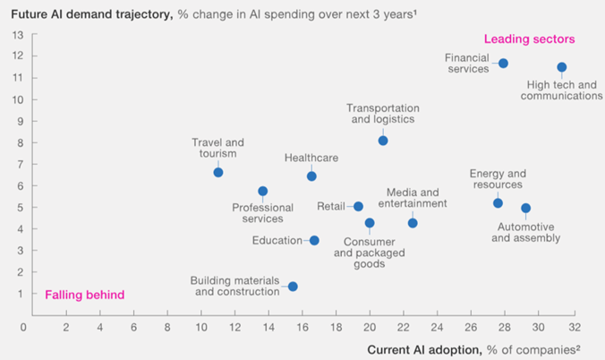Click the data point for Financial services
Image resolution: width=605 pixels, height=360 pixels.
pyautogui.click(x=503, y=64)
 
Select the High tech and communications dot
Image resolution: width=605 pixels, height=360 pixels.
pyautogui.click(x=562, y=67)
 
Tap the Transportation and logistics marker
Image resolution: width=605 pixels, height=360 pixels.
pyautogui.click(x=383, y=141)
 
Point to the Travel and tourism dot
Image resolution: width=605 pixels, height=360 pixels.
pyautogui.click(x=218, y=172)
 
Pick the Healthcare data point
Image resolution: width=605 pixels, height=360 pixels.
pyautogui.click(x=311, y=176)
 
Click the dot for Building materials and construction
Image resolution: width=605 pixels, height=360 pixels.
pyautogui.click(x=293, y=287)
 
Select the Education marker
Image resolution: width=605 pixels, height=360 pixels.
pyautogui.click(x=314, y=240)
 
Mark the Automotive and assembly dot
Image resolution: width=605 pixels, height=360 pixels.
pyautogui.click(x=525, y=208)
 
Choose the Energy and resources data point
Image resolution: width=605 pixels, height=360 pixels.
pyautogui.click(x=498, y=203)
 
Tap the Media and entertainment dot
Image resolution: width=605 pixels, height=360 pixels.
pyautogui.click(x=413, y=223)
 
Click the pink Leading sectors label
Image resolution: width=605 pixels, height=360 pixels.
pyautogui.click(x=529, y=39)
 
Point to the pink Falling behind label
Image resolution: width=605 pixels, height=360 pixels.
pyautogui.click(x=85, y=295)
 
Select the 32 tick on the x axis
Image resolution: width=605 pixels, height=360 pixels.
pyautogui.click(x=573, y=327)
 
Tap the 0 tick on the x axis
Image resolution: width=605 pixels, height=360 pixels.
pyautogui.click(x=24, y=327)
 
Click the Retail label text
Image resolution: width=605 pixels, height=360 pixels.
pyautogui.click(x=331, y=206)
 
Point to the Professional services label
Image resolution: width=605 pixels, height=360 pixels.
pyautogui.click(x=262, y=213)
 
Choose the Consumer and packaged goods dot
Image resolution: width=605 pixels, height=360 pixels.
pyautogui.click(x=370, y=223)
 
